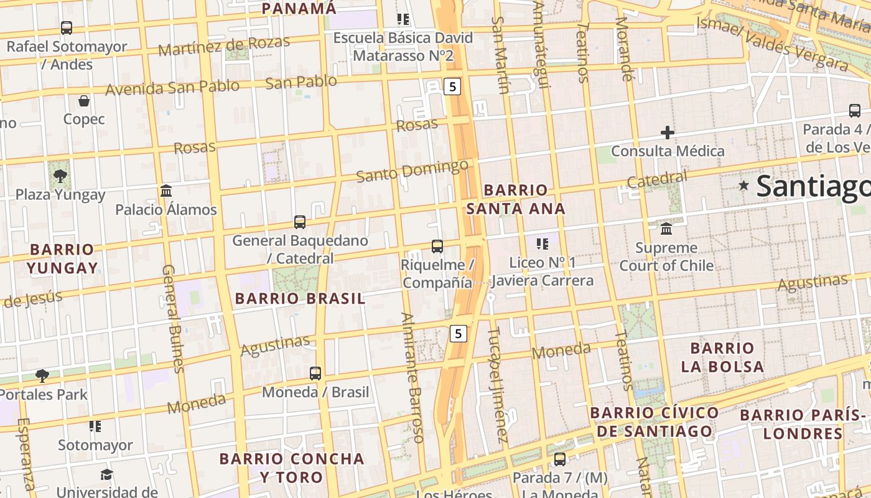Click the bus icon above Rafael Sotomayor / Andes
point(67,28)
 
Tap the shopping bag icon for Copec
point(84,101)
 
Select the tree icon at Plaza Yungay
point(60,176)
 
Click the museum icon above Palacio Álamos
point(166,191)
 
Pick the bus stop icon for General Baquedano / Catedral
point(300,222)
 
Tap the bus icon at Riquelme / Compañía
point(437,247)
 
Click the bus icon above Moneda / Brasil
point(315,374)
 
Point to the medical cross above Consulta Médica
point(668,133)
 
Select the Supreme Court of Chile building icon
point(666,229)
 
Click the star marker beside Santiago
point(743,186)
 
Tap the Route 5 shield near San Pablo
point(453,87)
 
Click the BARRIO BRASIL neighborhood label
point(300,299)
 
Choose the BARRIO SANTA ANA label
point(516,199)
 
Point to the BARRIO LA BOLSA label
point(722,357)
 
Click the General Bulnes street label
point(173,319)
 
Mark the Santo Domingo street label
point(412,171)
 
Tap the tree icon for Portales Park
point(42,375)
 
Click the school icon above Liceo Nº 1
point(543,243)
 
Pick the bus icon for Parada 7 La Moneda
point(560,459)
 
